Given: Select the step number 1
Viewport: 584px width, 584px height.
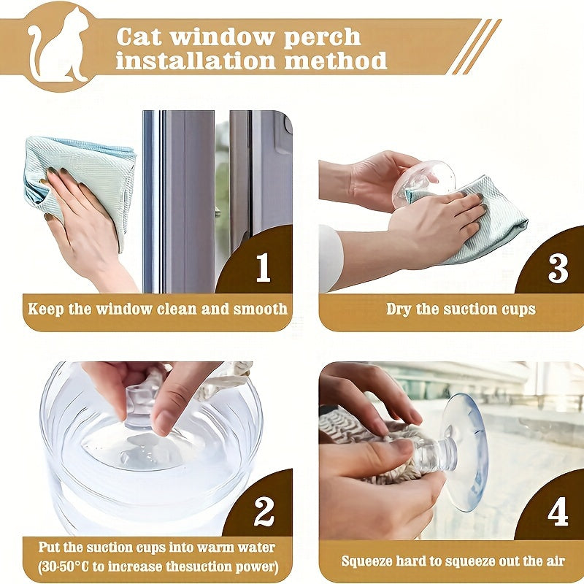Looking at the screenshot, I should pos(263,269).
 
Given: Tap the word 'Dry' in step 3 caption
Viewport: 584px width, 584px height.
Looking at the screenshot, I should pos(399,309).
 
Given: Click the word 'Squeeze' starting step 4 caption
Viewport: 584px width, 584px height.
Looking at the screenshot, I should pos(369,561).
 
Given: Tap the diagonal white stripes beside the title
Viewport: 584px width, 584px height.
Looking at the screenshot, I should pos(473,46).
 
